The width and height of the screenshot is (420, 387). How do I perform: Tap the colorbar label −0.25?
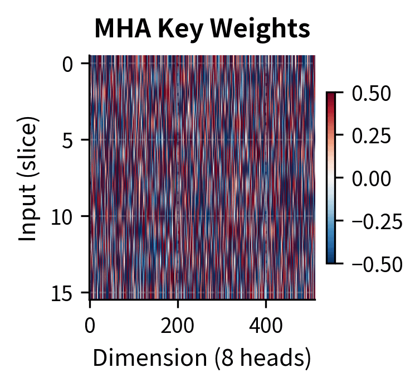(377, 221)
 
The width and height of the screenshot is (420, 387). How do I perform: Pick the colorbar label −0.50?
(377, 263)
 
